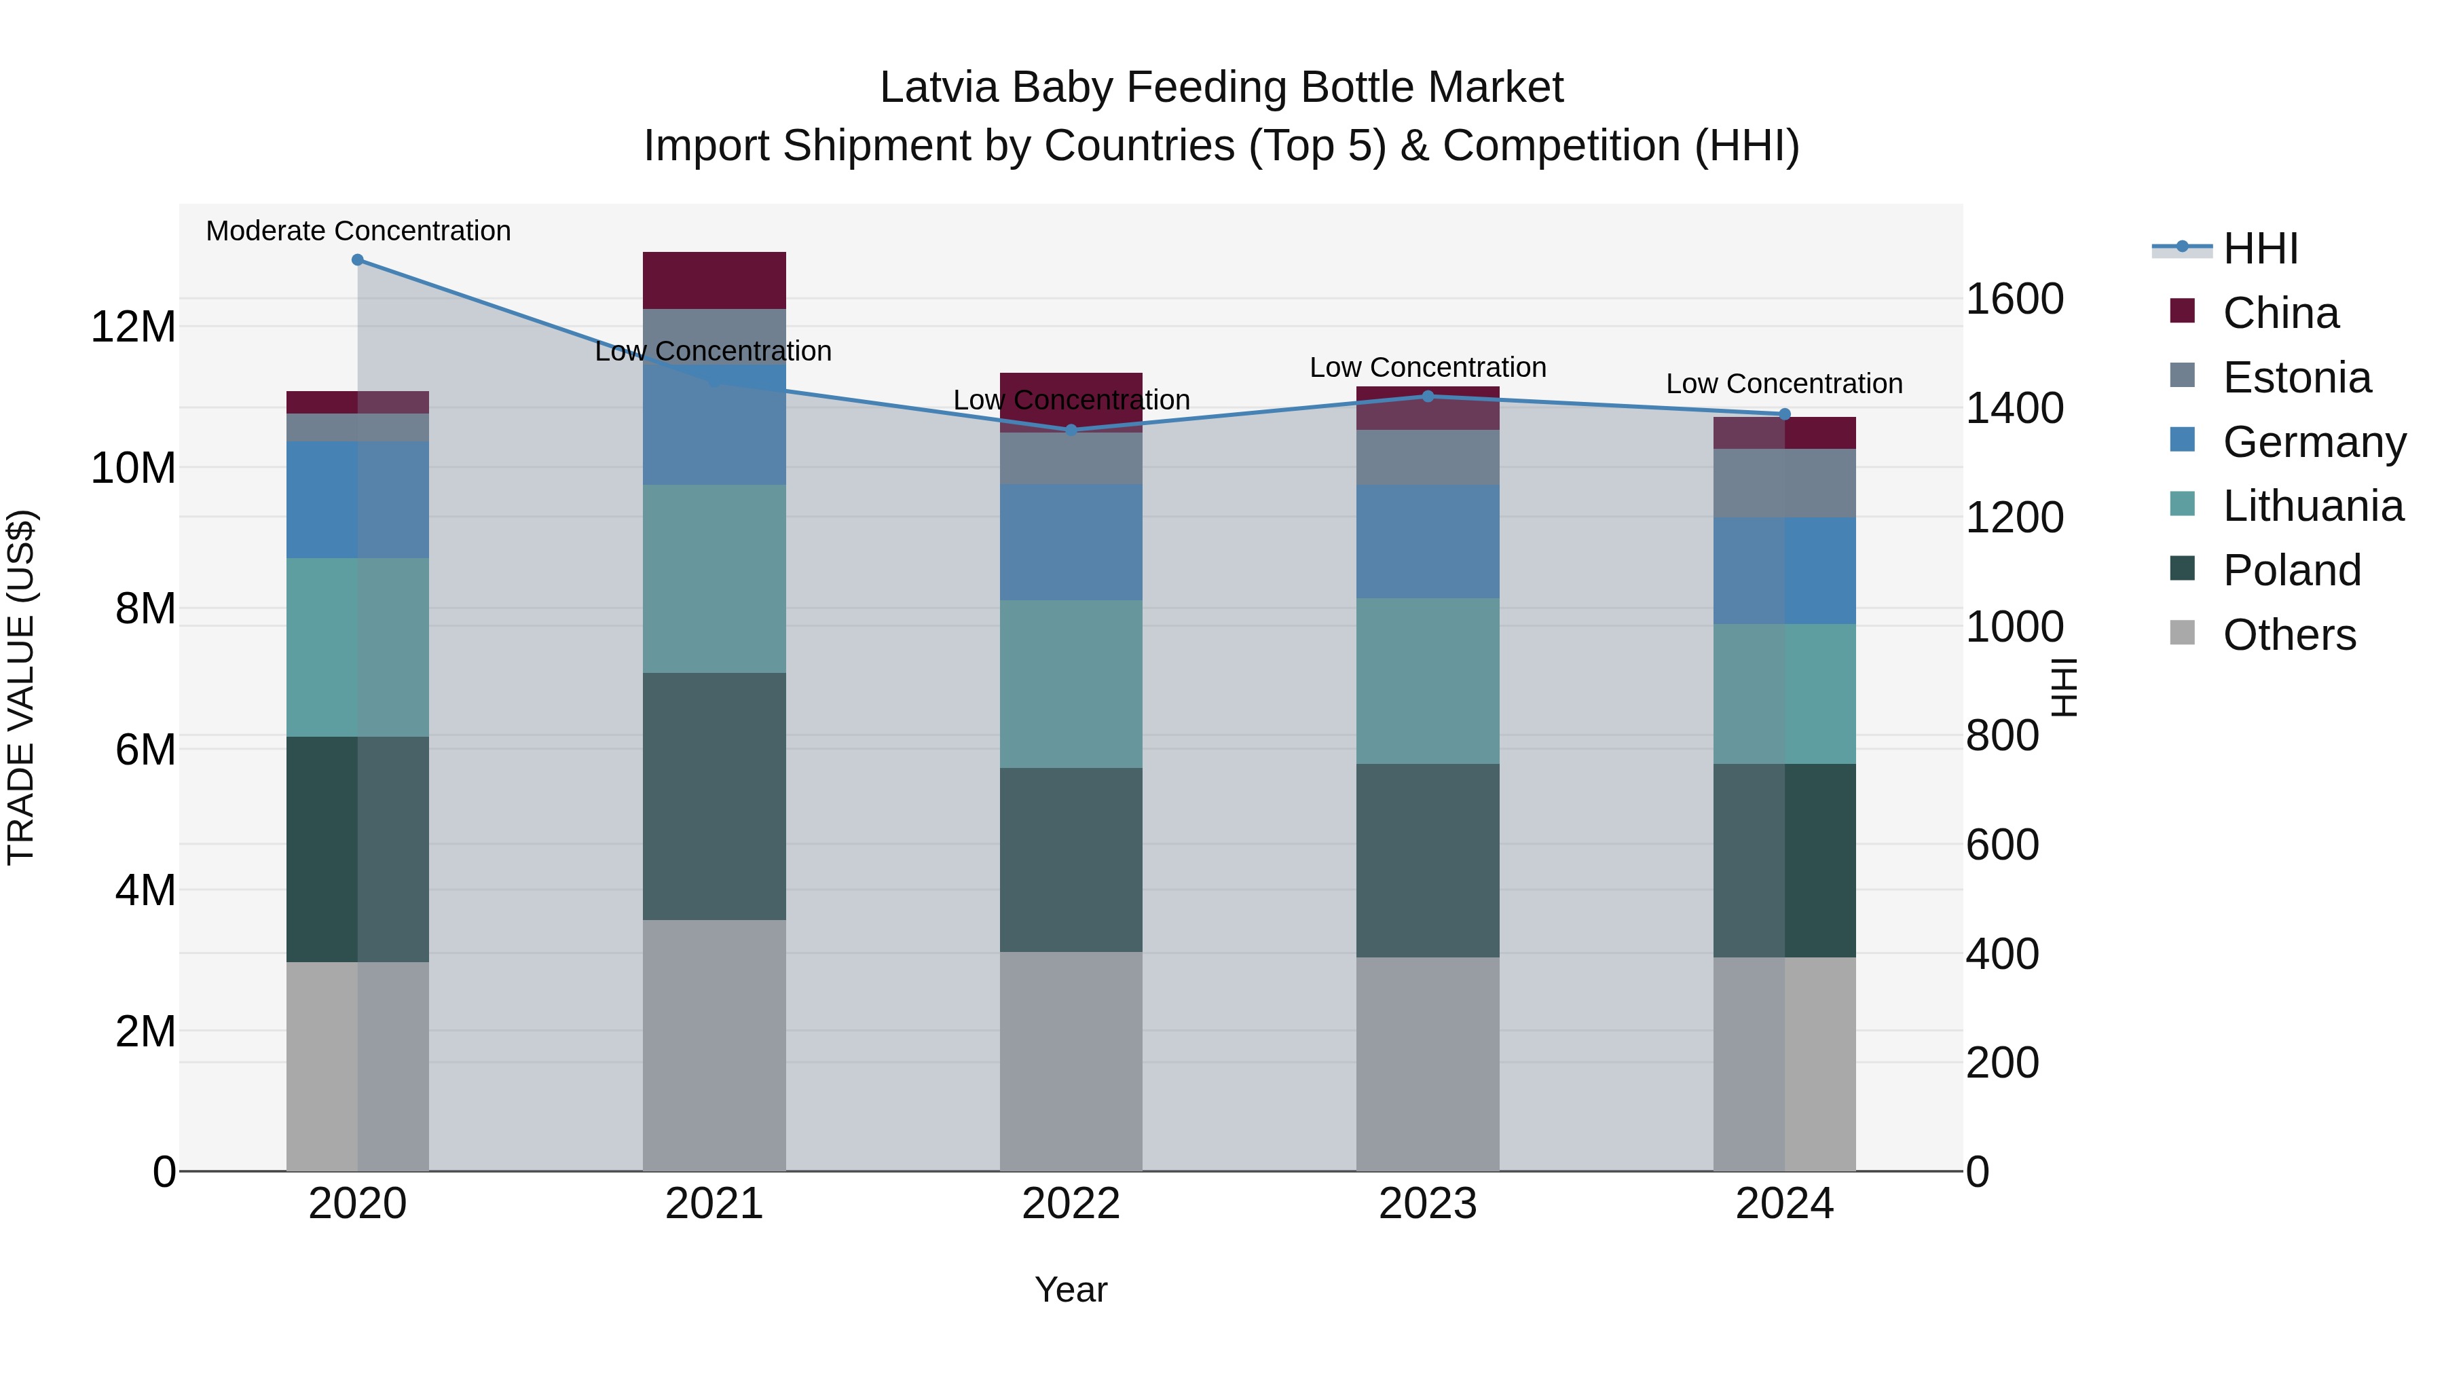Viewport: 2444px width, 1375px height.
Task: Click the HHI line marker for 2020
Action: click(x=358, y=260)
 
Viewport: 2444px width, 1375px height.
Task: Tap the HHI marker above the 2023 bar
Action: click(x=1428, y=397)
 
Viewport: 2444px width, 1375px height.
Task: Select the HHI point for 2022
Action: click(x=1071, y=430)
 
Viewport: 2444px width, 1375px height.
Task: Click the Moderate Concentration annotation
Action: click(x=358, y=231)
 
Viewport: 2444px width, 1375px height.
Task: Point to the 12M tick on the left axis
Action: click(x=133, y=327)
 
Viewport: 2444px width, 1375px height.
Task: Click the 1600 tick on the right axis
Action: click(x=2014, y=299)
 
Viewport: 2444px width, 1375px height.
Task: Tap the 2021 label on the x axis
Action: click(x=714, y=1204)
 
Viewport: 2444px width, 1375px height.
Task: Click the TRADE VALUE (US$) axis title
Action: click(x=22, y=687)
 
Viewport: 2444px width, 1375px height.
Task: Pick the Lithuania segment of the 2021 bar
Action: click(x=714, y=579)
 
